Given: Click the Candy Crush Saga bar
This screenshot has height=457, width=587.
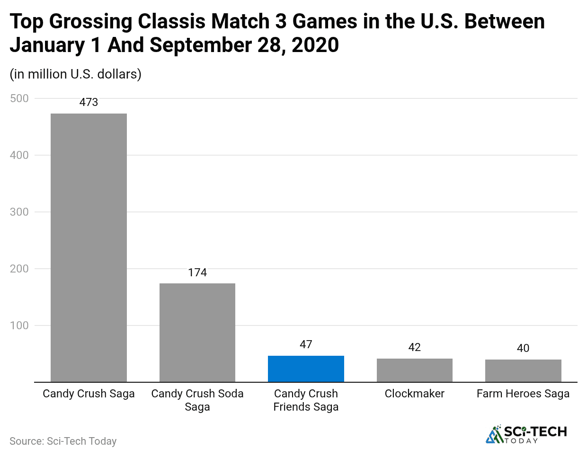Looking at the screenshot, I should point(89,247).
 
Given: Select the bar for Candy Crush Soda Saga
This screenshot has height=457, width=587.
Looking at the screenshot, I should point(197,332).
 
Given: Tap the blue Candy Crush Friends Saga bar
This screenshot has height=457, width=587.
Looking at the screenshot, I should point(306,369).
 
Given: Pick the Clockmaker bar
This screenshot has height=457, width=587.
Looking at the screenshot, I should point(415,370).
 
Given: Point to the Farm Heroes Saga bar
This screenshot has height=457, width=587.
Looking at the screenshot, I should point(523,370).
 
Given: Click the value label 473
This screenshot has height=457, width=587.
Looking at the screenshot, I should point(89,102).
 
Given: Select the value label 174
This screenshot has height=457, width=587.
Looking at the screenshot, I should point(197,272).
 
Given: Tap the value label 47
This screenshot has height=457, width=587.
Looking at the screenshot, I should point(306,344).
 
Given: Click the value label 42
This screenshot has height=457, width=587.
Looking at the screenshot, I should point(415,347).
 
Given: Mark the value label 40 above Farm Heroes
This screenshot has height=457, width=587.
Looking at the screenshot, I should point(523,348).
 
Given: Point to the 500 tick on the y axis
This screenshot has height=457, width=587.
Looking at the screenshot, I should point(19,98).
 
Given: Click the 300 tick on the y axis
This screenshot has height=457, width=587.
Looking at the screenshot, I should point(19,212).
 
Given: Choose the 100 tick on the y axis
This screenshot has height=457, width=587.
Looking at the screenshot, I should point(19,325).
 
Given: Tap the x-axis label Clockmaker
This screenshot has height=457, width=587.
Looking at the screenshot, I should point(415,394).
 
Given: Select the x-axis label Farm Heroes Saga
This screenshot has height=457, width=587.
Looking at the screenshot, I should point(523,394).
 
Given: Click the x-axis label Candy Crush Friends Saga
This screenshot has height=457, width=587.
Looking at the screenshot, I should point(306,400).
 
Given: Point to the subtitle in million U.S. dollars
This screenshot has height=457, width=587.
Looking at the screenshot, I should point(76,74).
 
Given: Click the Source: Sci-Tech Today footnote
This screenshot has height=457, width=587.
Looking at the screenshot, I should point(63,441).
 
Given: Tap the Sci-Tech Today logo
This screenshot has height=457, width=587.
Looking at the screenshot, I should point(526,434).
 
